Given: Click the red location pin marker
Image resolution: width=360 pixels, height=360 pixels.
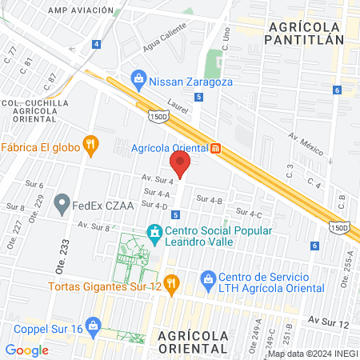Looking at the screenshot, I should coord(182,165).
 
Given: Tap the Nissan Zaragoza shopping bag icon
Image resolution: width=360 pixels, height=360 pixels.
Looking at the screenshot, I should coord(139,80).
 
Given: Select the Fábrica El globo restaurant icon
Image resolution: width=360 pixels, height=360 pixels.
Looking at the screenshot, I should coord(92,146).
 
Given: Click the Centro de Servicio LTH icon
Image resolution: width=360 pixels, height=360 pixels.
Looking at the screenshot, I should coord(208,278).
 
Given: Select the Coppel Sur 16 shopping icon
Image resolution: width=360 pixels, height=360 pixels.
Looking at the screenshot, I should coord(93,326).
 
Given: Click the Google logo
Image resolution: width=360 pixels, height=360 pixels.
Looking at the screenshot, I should coord(27,350).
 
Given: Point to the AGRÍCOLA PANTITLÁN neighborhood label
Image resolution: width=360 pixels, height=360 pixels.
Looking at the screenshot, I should coord(303,32).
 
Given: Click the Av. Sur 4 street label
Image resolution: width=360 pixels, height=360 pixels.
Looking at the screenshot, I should coord(158,181).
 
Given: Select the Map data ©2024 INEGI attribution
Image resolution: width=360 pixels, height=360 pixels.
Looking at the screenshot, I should coord(312,354).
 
